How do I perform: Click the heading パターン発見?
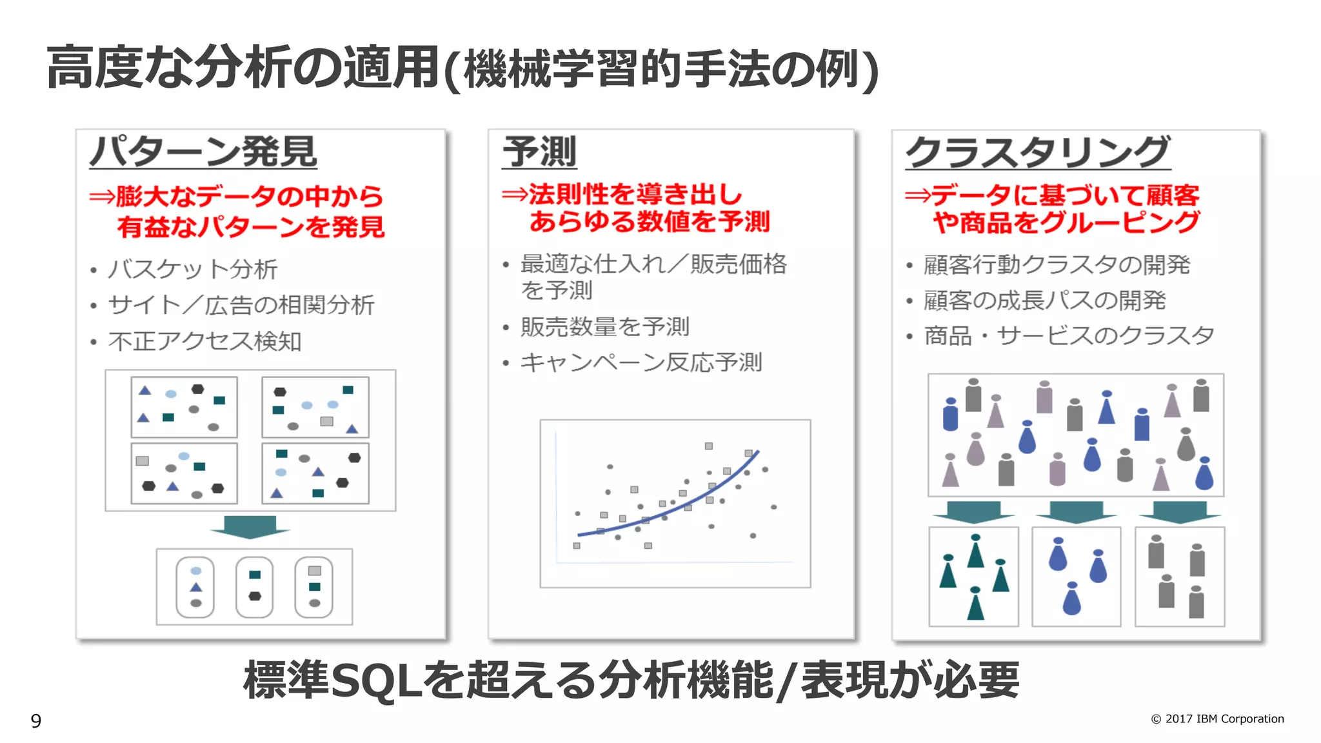[x=203, y=152]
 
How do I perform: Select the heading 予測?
[x=539, y=152]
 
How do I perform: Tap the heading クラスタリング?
[x=1037, y=152]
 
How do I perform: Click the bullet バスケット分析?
[x=192, y=270]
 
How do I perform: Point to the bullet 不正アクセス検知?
[x=204, y=341]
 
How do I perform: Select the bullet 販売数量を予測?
[x=604, y=327]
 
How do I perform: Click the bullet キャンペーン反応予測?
[x=641, y=362]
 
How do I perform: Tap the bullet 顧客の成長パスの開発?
[x=1044, y=301]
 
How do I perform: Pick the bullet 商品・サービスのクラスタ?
[x=1069, y=336]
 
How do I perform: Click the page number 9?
[x=36, y=720]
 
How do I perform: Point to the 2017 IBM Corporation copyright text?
[x=1217, y=718]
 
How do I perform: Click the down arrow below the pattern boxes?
[x=250, y=526]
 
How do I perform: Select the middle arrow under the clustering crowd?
[x=1076, y=512]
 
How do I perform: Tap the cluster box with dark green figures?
[x=973, y=577]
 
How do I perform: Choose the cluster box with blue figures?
[x=1076, y=577]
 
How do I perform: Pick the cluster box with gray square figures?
[x=1179, y=577]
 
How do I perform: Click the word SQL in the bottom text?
[x=376, y=681]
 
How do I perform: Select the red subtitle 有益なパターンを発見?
[x=251, y=227]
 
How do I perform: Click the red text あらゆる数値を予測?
[x=649, y=222]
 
